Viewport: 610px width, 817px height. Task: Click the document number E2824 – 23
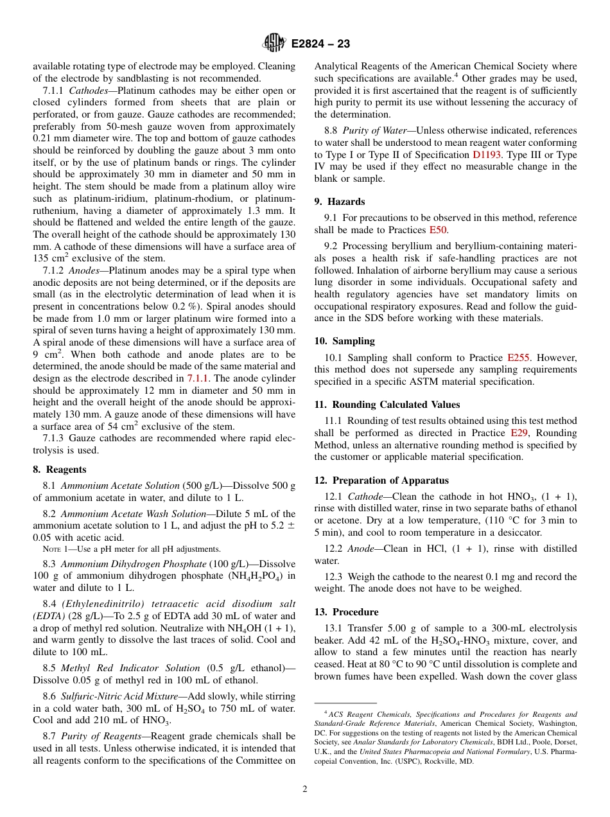click(x=320, y=44)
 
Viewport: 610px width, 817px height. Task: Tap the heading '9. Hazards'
click(x=340, y=202)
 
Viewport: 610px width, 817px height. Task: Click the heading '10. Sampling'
click(x=344, y=341)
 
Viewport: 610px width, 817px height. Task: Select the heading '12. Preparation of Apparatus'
click(x=381, y=480)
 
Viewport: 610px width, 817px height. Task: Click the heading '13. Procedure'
click(x=346, y=612)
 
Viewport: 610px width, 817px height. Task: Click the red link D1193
click(x=486, y=155)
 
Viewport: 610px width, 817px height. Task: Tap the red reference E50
click(x=438, y=230)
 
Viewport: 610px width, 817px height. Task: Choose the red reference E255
click(x=518, y=357)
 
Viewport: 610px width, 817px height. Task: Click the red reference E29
click(x=519, y=433)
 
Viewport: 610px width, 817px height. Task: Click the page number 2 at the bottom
click(x=305, y=789)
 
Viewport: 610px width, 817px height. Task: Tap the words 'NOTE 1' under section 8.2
click(x=57, y=549)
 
